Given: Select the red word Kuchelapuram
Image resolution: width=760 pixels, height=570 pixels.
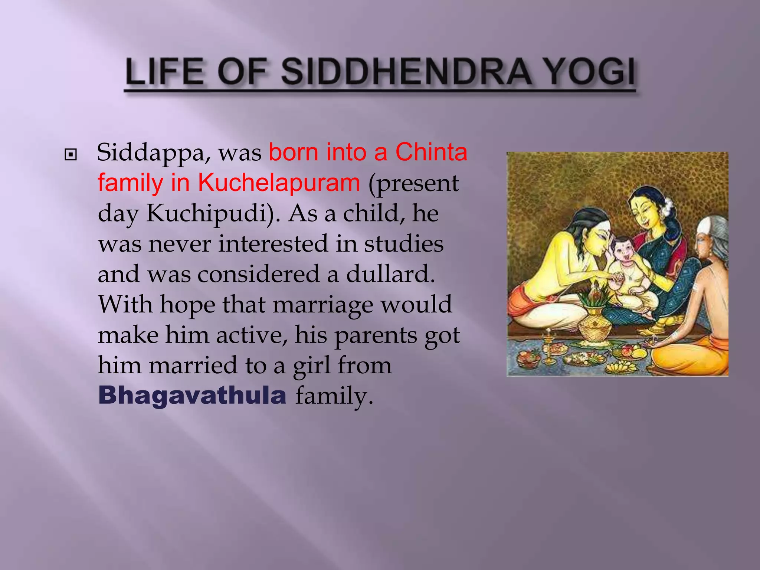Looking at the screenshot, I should pos(278,183).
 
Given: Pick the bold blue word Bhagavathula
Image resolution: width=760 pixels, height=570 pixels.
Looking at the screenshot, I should pos(192,395).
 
